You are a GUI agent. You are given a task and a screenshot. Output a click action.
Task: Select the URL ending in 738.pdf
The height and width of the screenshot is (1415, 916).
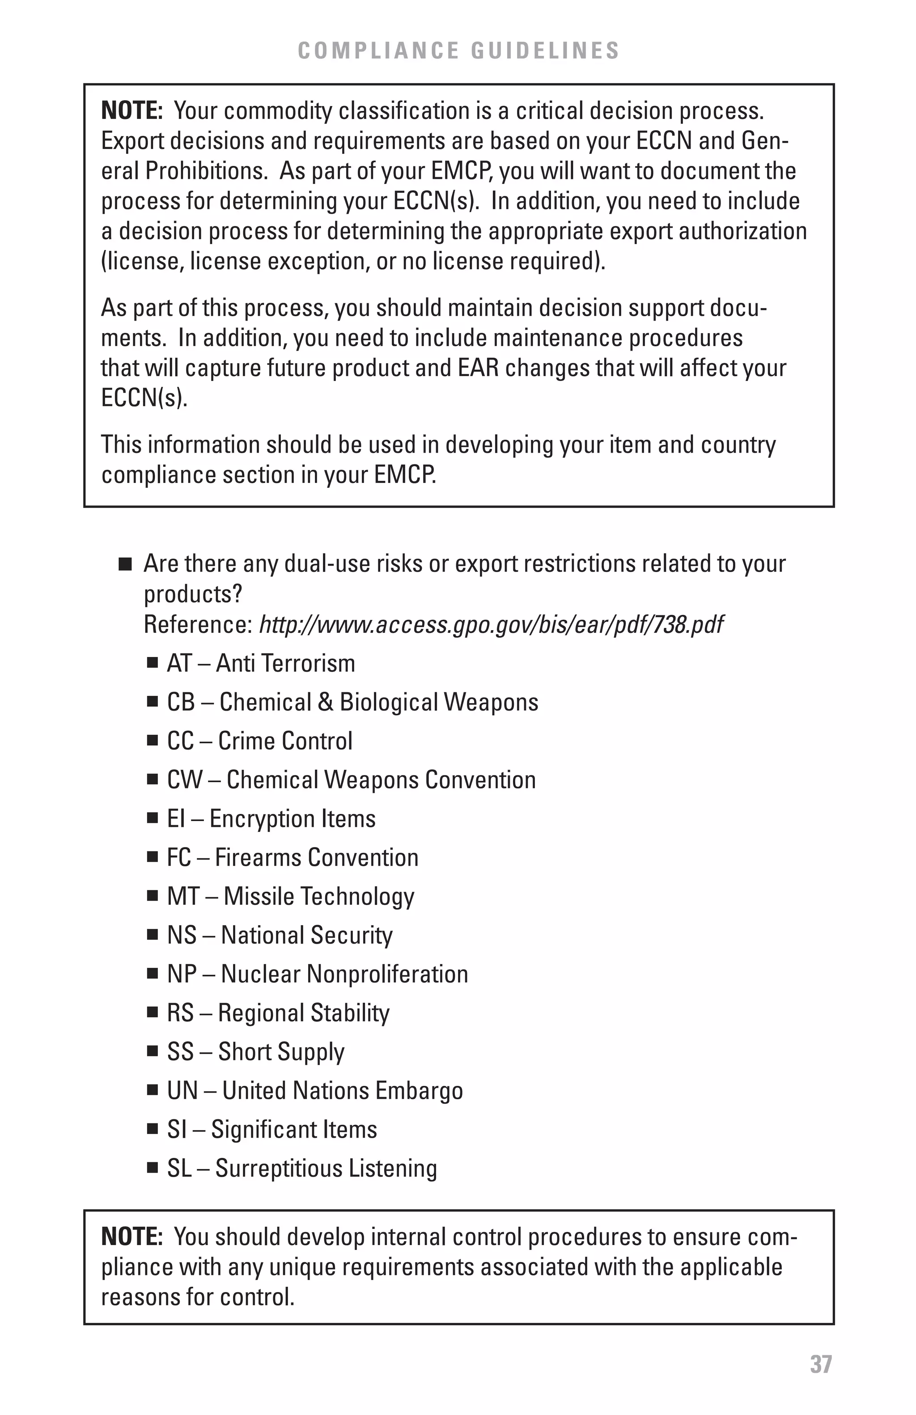click(492, 625)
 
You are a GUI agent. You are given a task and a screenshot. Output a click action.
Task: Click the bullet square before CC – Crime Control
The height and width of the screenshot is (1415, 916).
click(153, 741)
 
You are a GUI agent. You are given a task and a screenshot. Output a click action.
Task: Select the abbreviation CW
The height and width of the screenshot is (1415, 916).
click(185, 780)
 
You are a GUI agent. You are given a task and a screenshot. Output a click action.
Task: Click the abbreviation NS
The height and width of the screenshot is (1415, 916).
click(181, 935)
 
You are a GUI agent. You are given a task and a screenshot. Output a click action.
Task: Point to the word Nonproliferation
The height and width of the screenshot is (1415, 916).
click(387, 974)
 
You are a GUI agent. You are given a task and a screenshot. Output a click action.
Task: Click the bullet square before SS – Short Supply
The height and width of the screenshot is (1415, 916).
click(153, 1051)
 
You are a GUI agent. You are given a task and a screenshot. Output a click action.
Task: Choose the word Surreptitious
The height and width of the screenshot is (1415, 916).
click(278, 1168)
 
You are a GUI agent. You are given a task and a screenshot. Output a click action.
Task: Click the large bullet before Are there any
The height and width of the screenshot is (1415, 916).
click(124, 563)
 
